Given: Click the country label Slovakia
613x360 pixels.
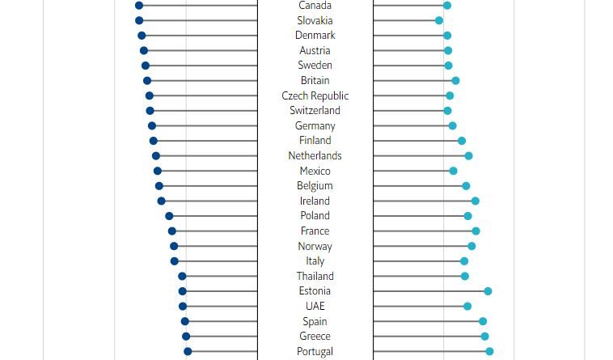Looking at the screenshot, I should click(x=315, y=20).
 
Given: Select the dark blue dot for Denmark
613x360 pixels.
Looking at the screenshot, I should click(x=142, y=36).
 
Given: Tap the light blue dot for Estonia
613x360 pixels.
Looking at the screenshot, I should click(x=488, y=291).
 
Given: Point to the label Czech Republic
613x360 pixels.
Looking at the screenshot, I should click(x=315, y=95).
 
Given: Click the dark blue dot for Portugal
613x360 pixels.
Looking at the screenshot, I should click(x=188, y=351).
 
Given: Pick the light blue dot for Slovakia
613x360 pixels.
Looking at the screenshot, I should click(x=439, y=20).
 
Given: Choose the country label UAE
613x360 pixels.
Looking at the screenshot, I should click(x=315, y=306).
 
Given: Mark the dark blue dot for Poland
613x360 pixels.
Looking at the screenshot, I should click(x=169, y=216).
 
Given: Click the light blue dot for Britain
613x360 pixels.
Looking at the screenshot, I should click(x=456, y=81).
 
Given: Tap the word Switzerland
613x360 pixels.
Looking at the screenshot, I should click(x=315, y=110).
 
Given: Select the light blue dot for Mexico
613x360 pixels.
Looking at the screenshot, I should click(x=454, y=171).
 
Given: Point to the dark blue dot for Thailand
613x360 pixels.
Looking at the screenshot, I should click(x=182, y=276).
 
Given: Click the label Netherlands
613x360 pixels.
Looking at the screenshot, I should click(x=315, y=155).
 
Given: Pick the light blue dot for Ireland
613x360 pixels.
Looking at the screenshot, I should click(x=476, y=201).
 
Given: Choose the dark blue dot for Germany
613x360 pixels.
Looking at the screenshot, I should click(x=152, y=125).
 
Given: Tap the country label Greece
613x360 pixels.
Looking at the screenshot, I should click(x=315, y=336).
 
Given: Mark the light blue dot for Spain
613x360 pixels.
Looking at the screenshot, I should click(x=483, y=321).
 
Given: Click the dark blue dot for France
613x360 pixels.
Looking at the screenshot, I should click(x=172, y=231).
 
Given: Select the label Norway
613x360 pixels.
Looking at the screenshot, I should click(x=315, y=246).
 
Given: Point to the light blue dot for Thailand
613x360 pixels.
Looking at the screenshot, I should click(x=465, y=276).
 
